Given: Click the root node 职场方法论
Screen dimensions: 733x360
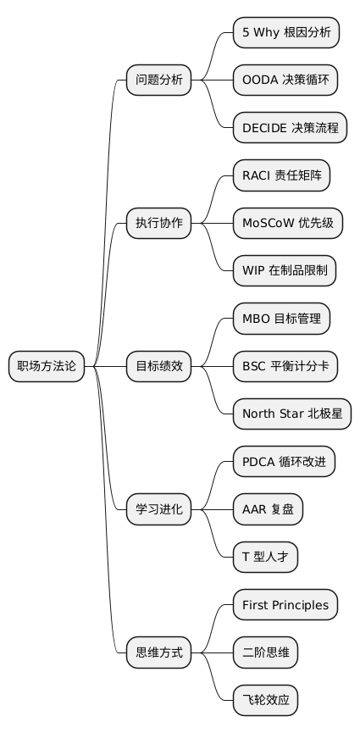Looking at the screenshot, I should pyautogui.click(x=47, y=367).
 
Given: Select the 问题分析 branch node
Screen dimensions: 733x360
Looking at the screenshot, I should pyautogui.click(x=159, y=81).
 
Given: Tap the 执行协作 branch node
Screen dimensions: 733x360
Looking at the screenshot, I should pyautogui.click(x=159, y=224).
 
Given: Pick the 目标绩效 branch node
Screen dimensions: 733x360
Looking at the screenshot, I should pyautogui.click(x=159, y=367).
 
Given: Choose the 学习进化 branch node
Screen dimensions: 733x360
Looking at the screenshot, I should pyautogui.click(x=159, y=510).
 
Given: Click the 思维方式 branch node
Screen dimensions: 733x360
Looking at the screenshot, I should pyautogui.click(x=159, y=652).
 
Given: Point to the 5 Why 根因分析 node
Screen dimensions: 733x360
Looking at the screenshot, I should pyautogui.click(x=286, y=33).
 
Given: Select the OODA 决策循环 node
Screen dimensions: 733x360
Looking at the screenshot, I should pyautogui.click(x=286, y=81).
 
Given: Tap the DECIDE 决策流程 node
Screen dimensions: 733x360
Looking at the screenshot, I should pyautogui.click(x=291, y=128).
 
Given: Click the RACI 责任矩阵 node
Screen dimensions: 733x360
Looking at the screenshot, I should pyautogui.click(x=281, y=176).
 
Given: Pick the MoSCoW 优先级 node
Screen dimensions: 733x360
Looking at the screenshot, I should pyautogui.click(x=288, y=224).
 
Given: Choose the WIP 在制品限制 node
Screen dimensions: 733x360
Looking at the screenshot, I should pyautogui.click(x=285, y=271).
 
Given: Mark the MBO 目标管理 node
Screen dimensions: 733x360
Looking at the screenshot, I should pyautogui.click(x=281, y=319).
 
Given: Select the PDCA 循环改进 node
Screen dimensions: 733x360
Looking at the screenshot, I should pyautogui.click(x=284, y=463).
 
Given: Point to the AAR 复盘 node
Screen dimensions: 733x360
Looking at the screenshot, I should pyautogui.click(x=268, y=510).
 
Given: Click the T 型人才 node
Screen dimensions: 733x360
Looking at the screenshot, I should pyautogui.click(x=265, y=558).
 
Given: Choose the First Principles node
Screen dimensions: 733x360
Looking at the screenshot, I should pyautogui.click(x=285, y=605).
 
